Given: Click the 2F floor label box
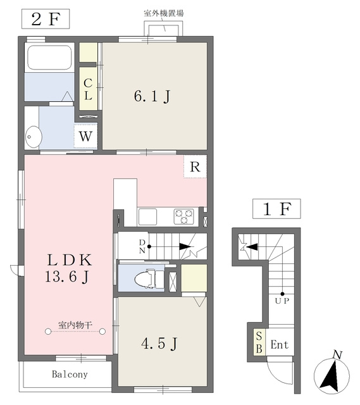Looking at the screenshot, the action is [x=46, y=19].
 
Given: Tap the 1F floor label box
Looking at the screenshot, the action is [x=276, y=209].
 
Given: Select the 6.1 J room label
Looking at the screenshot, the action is [x=152, y=97].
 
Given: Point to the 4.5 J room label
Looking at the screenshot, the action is [x=159, y=344].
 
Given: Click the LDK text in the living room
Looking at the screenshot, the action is [x=70, y=260].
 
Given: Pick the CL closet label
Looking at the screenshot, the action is [x=88, y=89].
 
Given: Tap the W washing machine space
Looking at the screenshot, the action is [x=85, y=136].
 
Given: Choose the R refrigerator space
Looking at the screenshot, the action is [x=196, y=166].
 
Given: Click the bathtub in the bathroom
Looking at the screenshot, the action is [x=49, y=58].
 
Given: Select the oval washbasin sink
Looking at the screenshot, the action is [x=34, y=137].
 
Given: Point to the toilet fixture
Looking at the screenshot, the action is [x=149, y=279].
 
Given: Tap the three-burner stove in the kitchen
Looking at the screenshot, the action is [x=184, y=216].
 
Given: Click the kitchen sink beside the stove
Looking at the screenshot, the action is [x=147, y=216].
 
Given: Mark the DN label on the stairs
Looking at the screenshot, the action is [x=142, y=246].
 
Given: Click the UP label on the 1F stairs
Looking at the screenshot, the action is [x=282, y=301].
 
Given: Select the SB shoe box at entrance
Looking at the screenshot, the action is [x=259, y=342].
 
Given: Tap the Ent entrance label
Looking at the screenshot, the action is [x=280, y=345].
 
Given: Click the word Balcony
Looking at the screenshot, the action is [x=70, y=374].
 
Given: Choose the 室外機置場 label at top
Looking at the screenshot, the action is [x=164, y=13].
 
